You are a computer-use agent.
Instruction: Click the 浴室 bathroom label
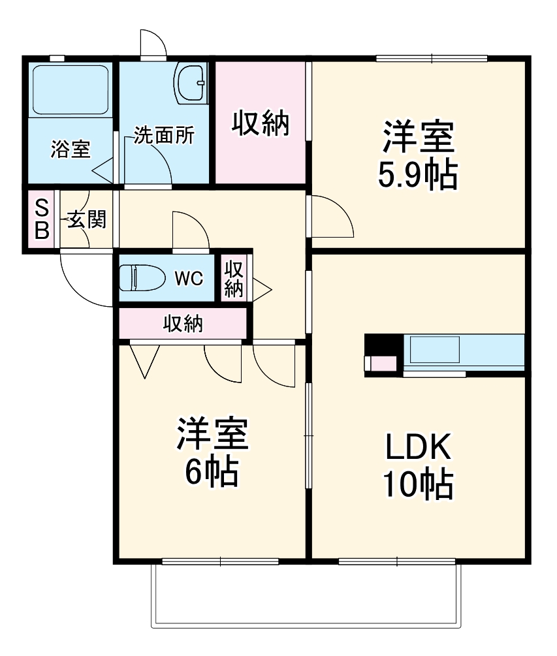tap(70, 149)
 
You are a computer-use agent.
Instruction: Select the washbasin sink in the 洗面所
tap(191, 83)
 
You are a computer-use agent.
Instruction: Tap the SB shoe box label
tap(42, 220)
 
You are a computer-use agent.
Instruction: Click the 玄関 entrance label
tap(86, 220)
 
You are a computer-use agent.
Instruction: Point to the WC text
tap(189, 279)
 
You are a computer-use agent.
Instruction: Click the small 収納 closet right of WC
tap(234, 279)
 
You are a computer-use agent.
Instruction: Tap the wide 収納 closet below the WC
tap(182, 323)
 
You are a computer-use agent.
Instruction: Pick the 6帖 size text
tap(211, 471)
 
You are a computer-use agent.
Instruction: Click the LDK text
tap(417, 448)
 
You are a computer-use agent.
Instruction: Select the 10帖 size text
tap(417, 485)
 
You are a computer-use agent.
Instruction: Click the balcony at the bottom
tap(306, 594)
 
